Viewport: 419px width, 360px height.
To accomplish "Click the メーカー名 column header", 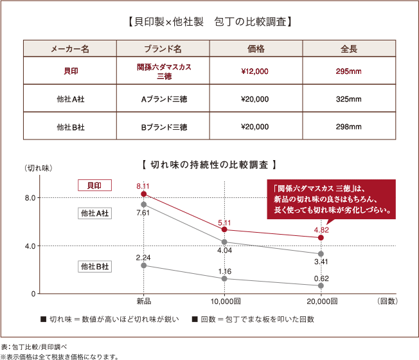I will tap(70, 49).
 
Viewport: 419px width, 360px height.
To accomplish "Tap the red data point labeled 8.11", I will tap(143, 194).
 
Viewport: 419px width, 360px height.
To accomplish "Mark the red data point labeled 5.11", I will tap(224, 230).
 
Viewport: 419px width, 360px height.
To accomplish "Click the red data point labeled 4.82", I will tap(321, 237).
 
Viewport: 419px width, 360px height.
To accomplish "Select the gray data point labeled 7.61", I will tap(143, 204).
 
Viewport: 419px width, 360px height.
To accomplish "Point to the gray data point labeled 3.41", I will tap(321, 253).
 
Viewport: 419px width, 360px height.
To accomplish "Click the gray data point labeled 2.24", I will tap(143, 265).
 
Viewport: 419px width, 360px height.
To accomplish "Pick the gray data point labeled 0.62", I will tap(321, 285).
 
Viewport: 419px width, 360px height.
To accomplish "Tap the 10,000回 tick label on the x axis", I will tap(224, 301).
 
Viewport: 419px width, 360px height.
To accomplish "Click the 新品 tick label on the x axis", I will tap(143, 301).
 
